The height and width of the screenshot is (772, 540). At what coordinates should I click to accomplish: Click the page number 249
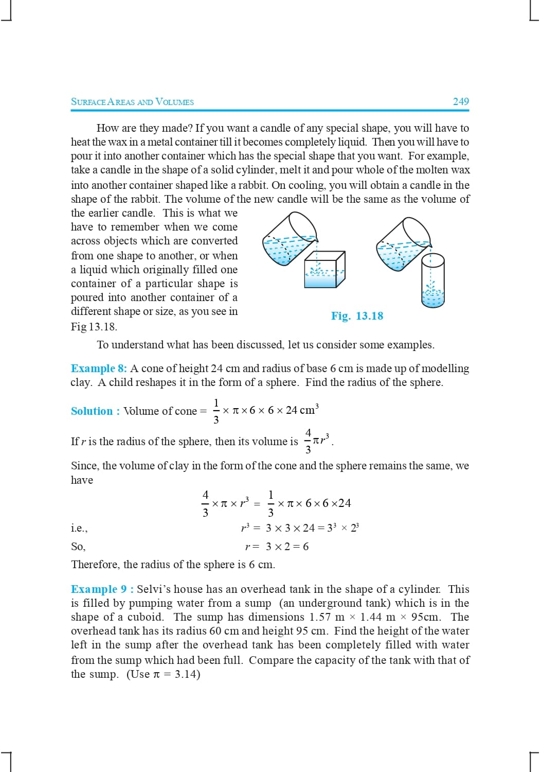pos(460,101)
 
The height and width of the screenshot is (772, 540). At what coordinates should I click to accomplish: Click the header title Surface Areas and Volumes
pos(132,102)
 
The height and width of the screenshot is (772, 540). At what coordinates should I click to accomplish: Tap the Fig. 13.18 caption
pos(357,316)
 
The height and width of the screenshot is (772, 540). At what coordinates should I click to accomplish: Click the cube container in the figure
pos(324,270)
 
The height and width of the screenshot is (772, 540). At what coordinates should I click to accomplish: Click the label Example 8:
pos(99,369)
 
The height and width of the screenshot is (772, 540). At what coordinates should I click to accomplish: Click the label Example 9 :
pos(102,589)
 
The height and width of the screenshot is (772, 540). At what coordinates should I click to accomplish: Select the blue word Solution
pos(92,411)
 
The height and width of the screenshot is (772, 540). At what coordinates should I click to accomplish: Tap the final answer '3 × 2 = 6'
pos(287,547)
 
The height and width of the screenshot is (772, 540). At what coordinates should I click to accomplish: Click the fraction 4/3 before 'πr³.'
pos(308,441)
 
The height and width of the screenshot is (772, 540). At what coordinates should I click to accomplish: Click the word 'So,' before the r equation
pos(78,547)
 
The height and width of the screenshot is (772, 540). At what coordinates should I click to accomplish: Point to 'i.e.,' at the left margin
pos(79,528)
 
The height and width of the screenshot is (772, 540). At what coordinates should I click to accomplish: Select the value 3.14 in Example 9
pos(186,674)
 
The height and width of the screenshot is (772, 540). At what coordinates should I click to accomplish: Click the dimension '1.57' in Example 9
pos(319,617)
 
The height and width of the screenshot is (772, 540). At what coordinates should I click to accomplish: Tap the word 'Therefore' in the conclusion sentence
pos(95,565)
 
